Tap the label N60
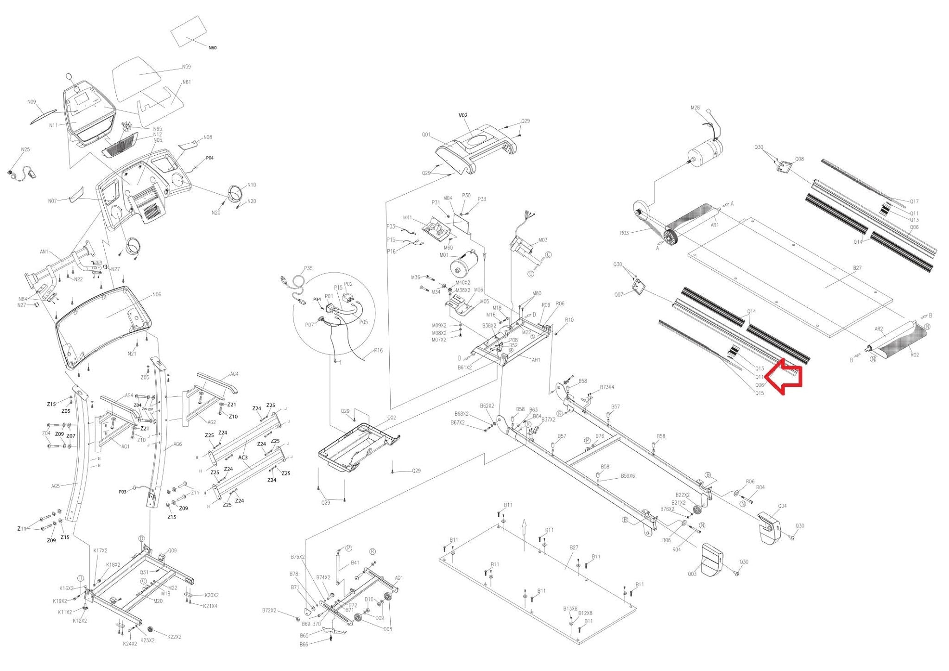pos(212,48)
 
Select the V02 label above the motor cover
pos(463,115)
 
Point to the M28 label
pos(695,108)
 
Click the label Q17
pos(914,202)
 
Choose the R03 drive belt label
pos(624,233)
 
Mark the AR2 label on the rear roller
pos(878,329)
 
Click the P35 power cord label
pos(308,268)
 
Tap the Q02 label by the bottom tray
pos(392,418)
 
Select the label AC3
pos(243,457)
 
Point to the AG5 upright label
pos(56,486)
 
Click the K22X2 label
pos(174,637)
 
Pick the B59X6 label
pos(628,476)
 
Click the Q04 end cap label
pos(782,506)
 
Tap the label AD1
pos(399,578)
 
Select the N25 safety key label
pos(25,150)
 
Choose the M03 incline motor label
pos(543,240)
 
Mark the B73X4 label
pos(607,387)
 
